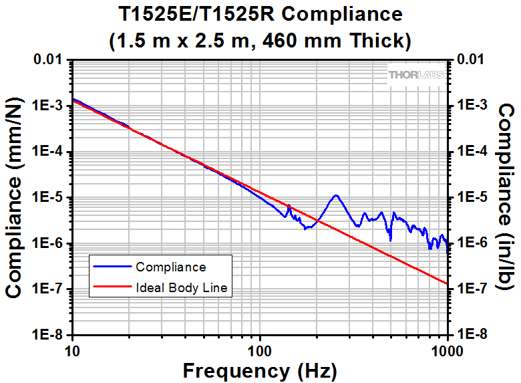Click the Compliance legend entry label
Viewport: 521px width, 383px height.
[x=170, y=267]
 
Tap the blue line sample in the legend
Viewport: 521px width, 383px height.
[x=111, y=267]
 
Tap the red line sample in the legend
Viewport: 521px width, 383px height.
[x=111, y=288]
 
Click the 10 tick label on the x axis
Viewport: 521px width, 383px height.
[x=73, y=350]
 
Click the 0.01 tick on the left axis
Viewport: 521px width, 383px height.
[x=48, y=61]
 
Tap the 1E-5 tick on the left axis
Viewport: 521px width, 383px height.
[x=48, y=198]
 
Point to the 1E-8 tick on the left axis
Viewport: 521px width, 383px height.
[x=48, y=335]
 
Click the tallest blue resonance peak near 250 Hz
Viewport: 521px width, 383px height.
[x=336, y=195]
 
